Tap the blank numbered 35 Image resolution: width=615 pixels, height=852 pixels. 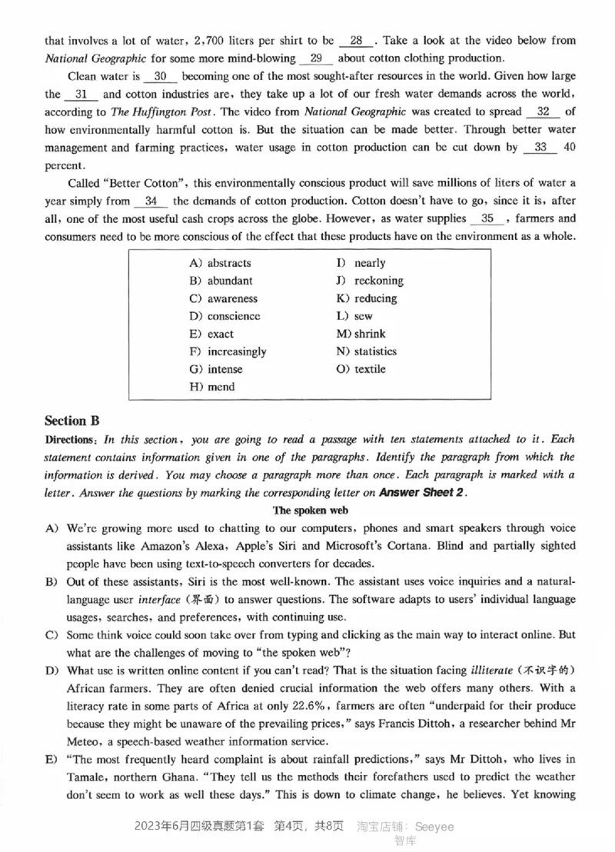[x=487, y=218]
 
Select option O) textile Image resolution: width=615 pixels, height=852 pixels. [x=361, y=369]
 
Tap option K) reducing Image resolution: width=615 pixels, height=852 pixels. [x=367, y=298]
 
